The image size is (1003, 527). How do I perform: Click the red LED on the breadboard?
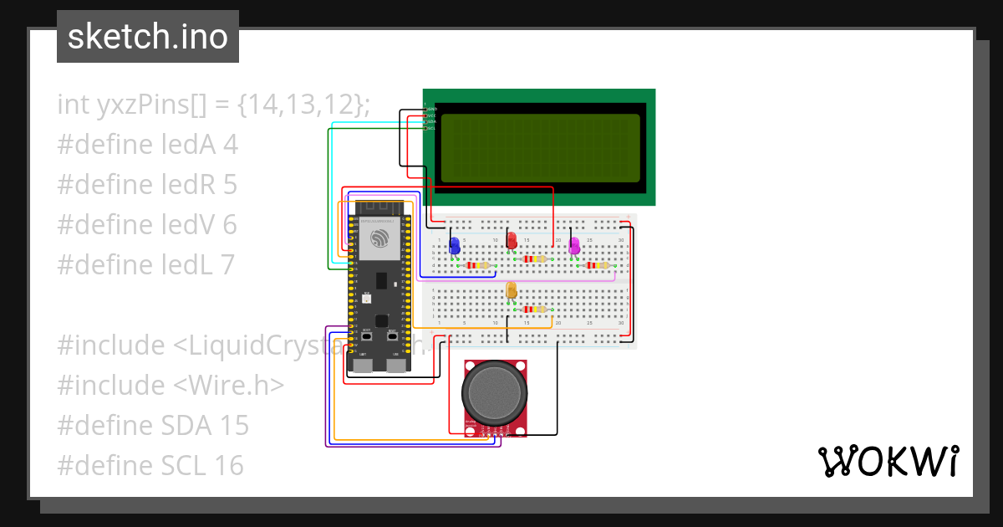512,241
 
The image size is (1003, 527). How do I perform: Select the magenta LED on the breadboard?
574,245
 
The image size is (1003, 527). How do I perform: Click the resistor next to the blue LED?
478,265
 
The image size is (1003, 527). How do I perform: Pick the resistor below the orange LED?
533,310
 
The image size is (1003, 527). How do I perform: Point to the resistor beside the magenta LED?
597,265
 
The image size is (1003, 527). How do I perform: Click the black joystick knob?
495,393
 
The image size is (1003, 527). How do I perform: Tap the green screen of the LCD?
540,147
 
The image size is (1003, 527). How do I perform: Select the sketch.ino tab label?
148,37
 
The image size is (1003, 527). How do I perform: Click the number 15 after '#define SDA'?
234,426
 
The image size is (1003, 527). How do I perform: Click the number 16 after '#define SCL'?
229,466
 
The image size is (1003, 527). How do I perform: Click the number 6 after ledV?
230,225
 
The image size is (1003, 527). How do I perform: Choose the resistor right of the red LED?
535,259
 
